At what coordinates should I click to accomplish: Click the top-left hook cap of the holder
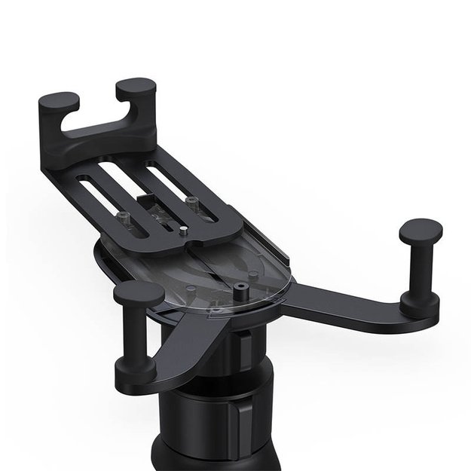click(58, 100)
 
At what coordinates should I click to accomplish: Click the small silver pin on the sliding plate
click(184, 233)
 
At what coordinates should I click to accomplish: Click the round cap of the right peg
click(420, 228)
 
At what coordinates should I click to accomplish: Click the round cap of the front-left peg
click(138, 293)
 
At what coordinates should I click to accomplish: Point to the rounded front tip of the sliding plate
click(197, 246)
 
